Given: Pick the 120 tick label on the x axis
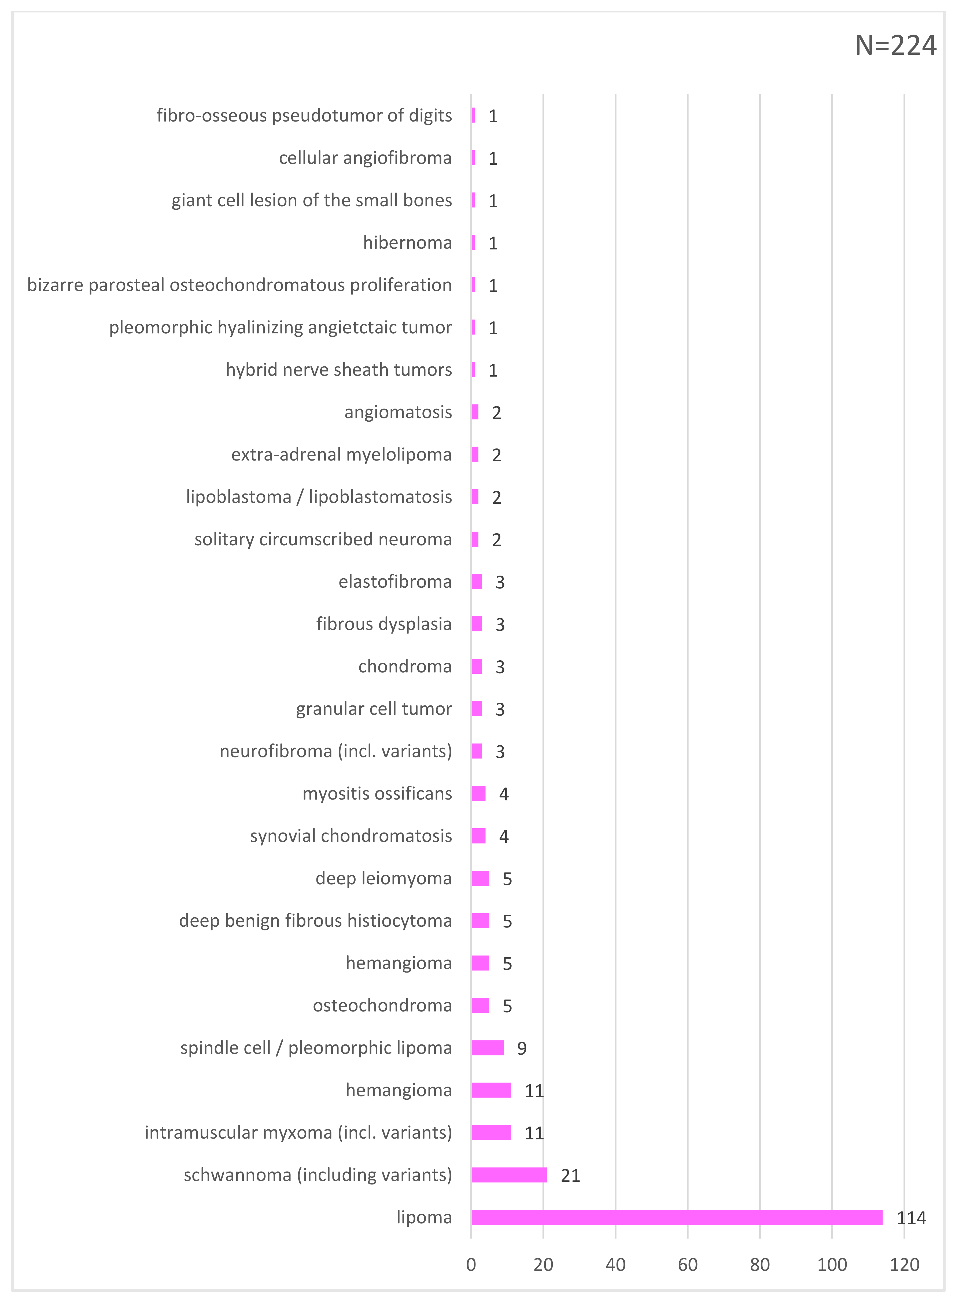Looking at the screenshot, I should click(x=904, y=1265).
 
